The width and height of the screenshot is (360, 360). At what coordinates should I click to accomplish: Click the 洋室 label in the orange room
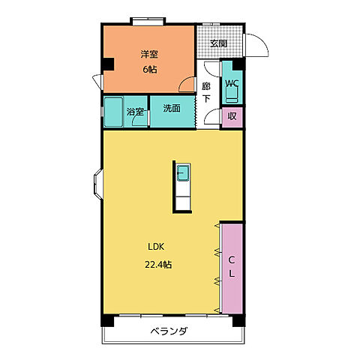point(149,54)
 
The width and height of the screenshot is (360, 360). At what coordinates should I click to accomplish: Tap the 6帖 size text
point(148,70)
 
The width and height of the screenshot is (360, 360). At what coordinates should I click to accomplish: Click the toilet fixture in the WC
point(231,94)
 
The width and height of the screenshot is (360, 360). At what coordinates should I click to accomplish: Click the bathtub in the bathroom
point(113,112)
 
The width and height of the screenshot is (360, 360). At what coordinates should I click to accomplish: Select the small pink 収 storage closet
point(232,116)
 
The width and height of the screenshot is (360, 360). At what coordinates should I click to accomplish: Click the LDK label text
point(156,247)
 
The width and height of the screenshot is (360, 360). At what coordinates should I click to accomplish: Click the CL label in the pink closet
point(232,267)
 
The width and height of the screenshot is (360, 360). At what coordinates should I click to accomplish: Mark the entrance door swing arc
point(257,47)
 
